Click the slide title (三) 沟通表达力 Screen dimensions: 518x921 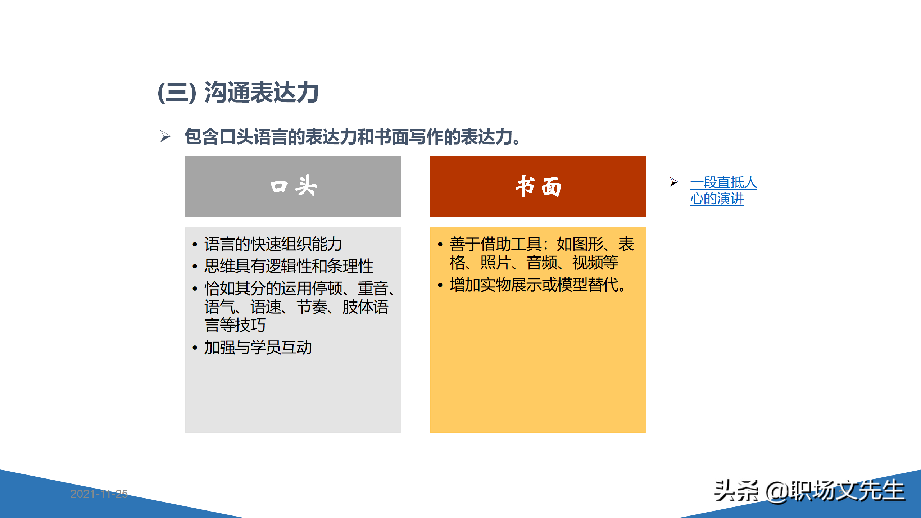[x=238, y=93]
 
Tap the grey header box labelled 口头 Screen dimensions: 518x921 [x=292, y=186]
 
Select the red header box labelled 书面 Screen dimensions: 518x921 [x=537, y=186]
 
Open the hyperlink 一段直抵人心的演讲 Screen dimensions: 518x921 [x=723, y=190]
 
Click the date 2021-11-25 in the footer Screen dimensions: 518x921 [x=99, y=494]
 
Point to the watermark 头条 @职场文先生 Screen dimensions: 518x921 [x=809, y=491]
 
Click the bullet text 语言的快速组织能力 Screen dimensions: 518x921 [x=273, y=244]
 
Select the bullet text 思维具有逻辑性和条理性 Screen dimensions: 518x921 [x=289, y=266]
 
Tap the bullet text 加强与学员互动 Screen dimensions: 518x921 [x=258, y=347]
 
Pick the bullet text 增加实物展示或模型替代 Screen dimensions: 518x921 [x=537, y=285]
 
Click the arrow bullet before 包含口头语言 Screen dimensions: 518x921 [x=165, y=136]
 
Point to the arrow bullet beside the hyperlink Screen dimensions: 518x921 [x=674, y=182]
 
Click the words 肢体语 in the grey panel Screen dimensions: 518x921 [x=365, y=307]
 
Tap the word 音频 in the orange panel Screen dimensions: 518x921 [x=542, y=263]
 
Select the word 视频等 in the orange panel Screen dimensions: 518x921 [x=595, y=263]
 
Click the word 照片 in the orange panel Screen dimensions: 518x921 [x=496, y=263]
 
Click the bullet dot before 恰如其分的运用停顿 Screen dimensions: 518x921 [x=195, y=288]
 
